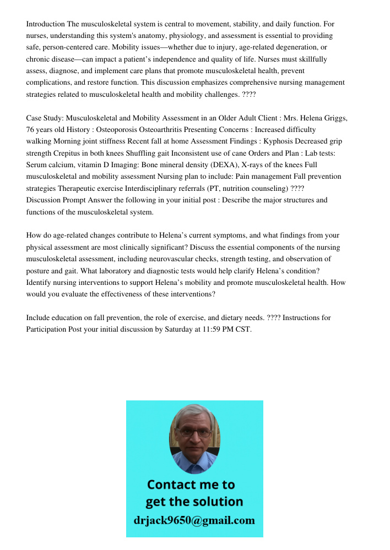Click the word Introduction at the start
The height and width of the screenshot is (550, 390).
[46, 24]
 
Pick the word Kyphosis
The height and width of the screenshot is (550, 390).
[279, 141]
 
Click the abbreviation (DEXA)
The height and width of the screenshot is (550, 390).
[220, 164]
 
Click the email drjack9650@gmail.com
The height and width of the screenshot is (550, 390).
[194, 520]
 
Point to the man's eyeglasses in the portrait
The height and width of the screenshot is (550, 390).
[194, 432]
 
